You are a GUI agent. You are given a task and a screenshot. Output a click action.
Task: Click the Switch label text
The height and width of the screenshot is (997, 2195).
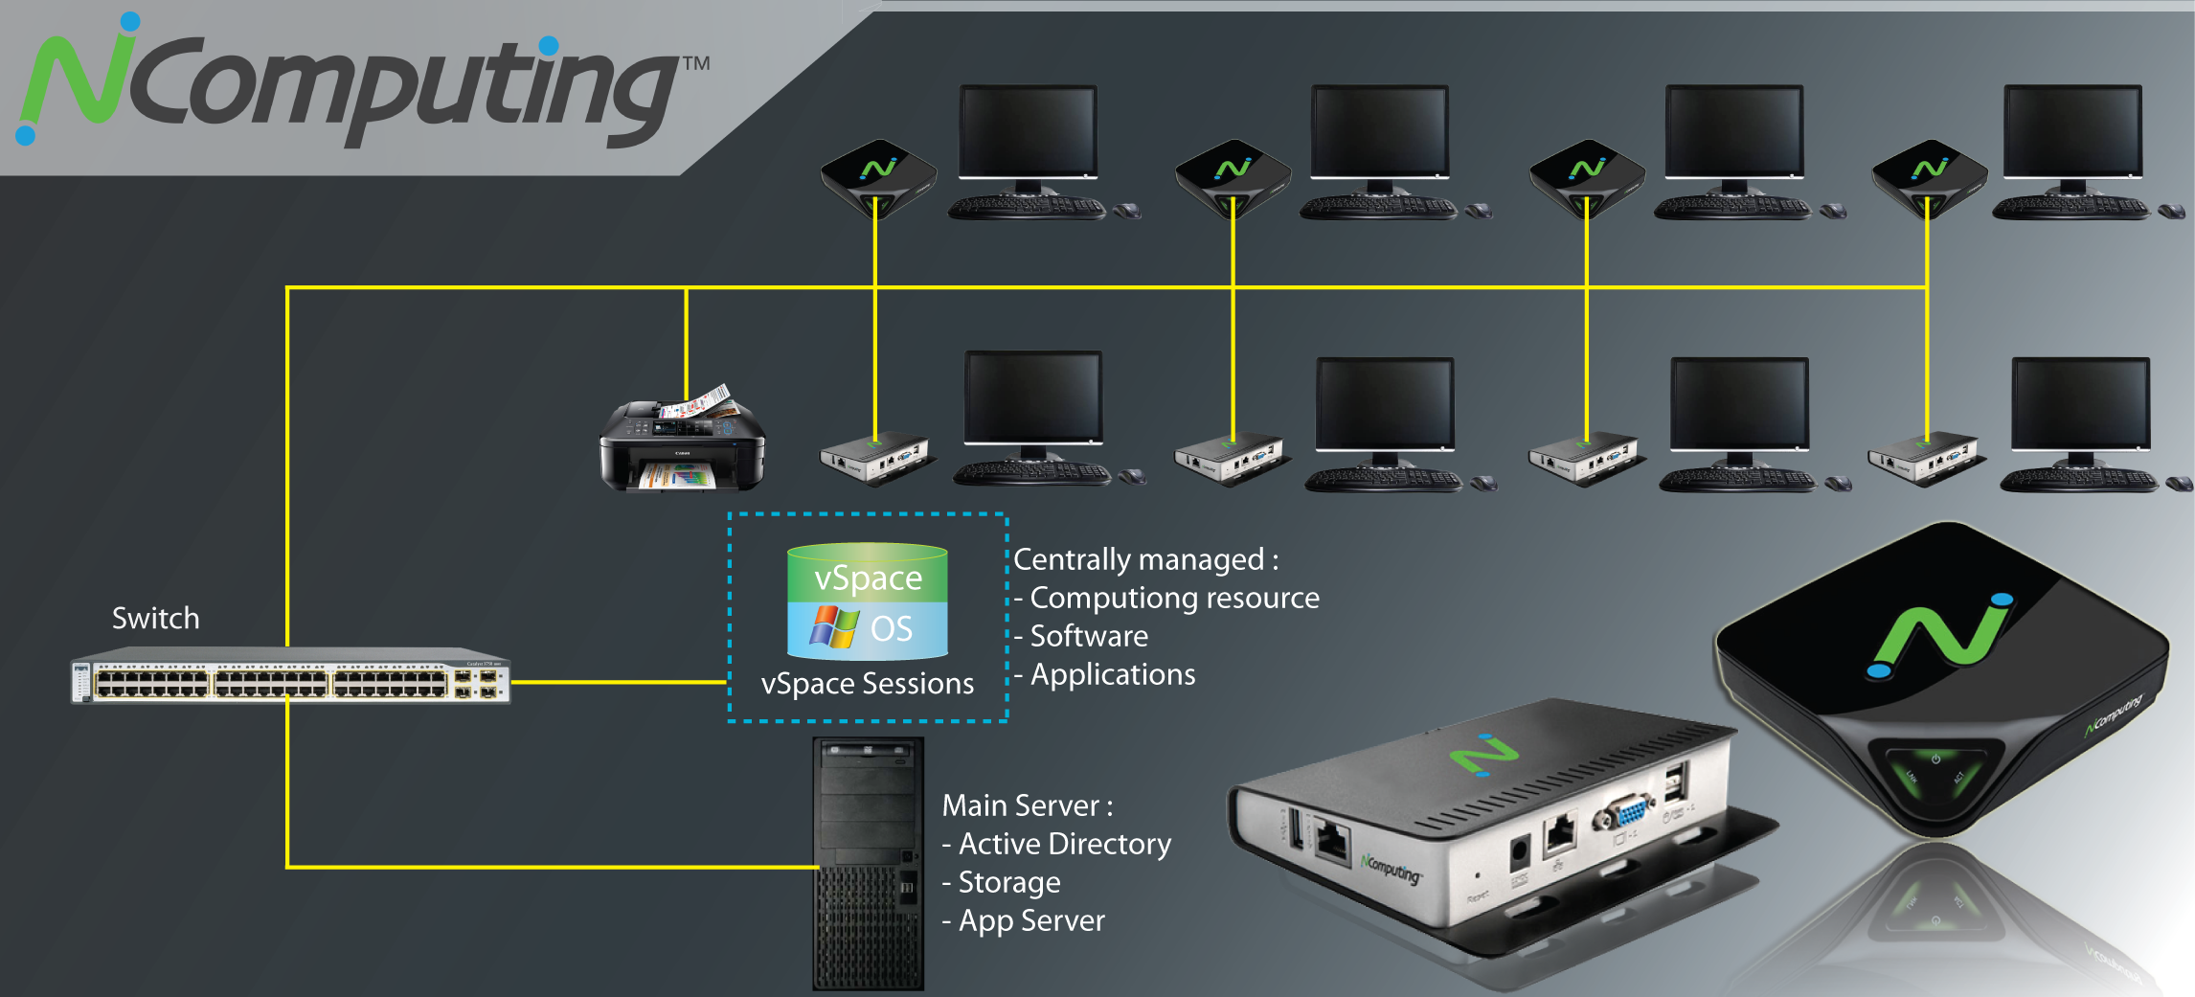[155, 618]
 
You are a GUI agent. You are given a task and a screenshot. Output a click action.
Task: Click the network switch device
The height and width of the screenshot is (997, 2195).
[290, 681]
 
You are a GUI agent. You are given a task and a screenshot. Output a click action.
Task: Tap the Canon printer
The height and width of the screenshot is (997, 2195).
[682, 443]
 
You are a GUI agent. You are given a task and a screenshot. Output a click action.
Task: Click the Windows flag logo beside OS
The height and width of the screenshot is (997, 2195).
[833, 628]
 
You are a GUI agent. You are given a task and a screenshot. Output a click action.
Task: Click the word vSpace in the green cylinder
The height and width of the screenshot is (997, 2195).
[868, 578]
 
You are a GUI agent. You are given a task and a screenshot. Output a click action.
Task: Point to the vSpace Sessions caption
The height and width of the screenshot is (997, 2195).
[867, 684]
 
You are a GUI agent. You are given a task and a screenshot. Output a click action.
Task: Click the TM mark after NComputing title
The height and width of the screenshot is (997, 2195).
[696, 63]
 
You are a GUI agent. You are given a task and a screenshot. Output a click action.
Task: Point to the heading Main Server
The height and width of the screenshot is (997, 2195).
[1026, 805]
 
